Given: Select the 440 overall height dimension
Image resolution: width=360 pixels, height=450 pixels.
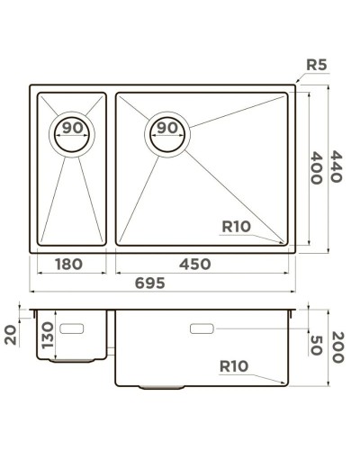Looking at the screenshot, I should tap(336, 166).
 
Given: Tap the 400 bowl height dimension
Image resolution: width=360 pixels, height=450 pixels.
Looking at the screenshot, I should tap(316, 166).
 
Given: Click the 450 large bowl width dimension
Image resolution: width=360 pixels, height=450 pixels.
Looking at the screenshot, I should tap(194, 264).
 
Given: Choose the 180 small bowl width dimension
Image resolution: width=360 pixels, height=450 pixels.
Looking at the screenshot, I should tap(69, 264).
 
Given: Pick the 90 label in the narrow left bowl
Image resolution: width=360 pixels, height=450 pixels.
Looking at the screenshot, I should tap(73, 129).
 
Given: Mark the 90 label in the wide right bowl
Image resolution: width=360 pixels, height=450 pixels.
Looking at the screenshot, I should tap(167, 129).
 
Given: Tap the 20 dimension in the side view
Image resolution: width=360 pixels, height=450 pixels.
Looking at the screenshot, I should tap(12, 335).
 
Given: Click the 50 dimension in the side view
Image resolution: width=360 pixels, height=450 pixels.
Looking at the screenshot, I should tap(316, 344).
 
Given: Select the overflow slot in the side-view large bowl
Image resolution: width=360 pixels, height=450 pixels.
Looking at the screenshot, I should tap(202, 329).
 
